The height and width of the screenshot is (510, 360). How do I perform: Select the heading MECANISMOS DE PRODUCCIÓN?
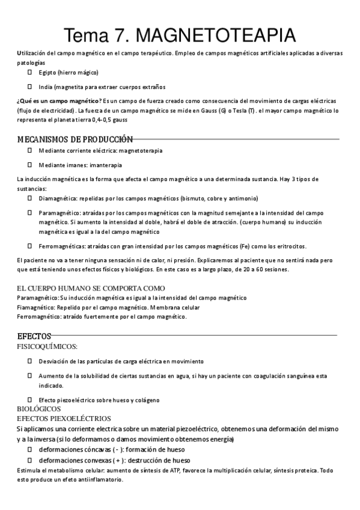(x=75, y=139)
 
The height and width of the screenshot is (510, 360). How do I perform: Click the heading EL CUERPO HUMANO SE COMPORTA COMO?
(x=91, y=288)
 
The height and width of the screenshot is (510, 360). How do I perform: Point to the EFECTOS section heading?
(x=34, y=336)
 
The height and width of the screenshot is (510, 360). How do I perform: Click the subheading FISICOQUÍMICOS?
(x=47, y=346)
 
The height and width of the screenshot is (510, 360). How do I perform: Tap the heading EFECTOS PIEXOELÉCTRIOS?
(x=64, y=418)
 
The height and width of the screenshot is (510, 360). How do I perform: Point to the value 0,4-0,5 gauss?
(x=109, y=120)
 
